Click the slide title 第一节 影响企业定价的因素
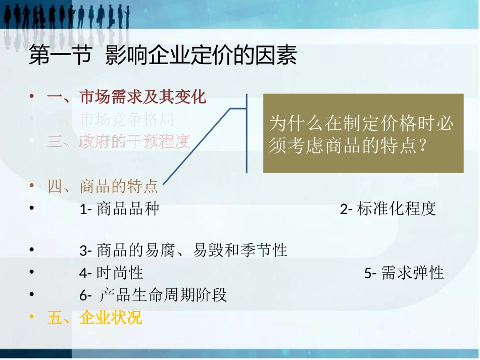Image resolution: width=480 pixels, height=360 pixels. [163, 56]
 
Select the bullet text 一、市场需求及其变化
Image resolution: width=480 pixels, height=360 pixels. [126, 97]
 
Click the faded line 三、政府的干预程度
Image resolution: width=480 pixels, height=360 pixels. [119, 142]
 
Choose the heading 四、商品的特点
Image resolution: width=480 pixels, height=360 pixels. [103, 186]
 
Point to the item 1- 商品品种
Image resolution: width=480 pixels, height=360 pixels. [119, 209]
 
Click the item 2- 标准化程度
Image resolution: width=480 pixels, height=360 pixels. [388, 209]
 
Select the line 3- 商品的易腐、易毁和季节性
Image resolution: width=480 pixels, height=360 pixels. [183, 250]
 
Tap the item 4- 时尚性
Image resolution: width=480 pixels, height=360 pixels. [111, 273]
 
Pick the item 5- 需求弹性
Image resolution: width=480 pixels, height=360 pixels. [404, 273]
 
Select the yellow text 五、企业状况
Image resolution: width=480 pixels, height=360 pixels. [94, 318]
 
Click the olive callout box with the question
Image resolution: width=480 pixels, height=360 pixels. [363, 133]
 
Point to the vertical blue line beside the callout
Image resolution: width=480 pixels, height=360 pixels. [247, 133]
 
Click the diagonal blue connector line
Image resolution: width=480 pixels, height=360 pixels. [197, 146]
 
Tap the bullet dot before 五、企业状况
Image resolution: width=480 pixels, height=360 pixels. [32, 318]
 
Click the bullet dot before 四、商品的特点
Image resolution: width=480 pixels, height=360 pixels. [32, 186]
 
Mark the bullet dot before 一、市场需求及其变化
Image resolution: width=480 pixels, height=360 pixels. [32, 97]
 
